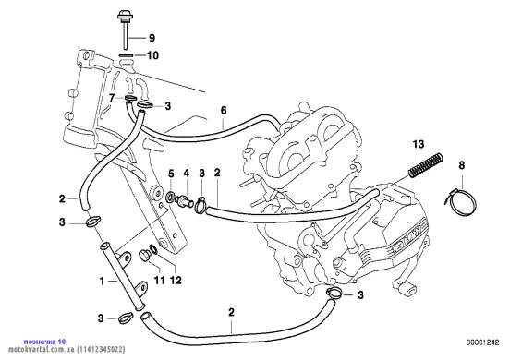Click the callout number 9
tap(152, 38)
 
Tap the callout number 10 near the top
tap(152, 55)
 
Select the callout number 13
tap(419, 144)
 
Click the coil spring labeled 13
tap(426, 165)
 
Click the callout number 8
tap(462, 165)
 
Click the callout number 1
tap(103, 281)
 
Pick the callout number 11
tap(159, 280)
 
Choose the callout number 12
tap(176, 280)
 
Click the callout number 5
tap(171, 174)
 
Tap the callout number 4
tap(187, 173)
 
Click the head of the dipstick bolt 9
tap(124, 15)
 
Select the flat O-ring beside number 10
tap(126, 55)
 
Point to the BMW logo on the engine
tap(410, 237)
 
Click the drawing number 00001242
tap(482, 342)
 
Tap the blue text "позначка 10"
tap(45, 342)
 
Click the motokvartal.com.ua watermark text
tap(42, 350)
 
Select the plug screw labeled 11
tap(144, 255)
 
